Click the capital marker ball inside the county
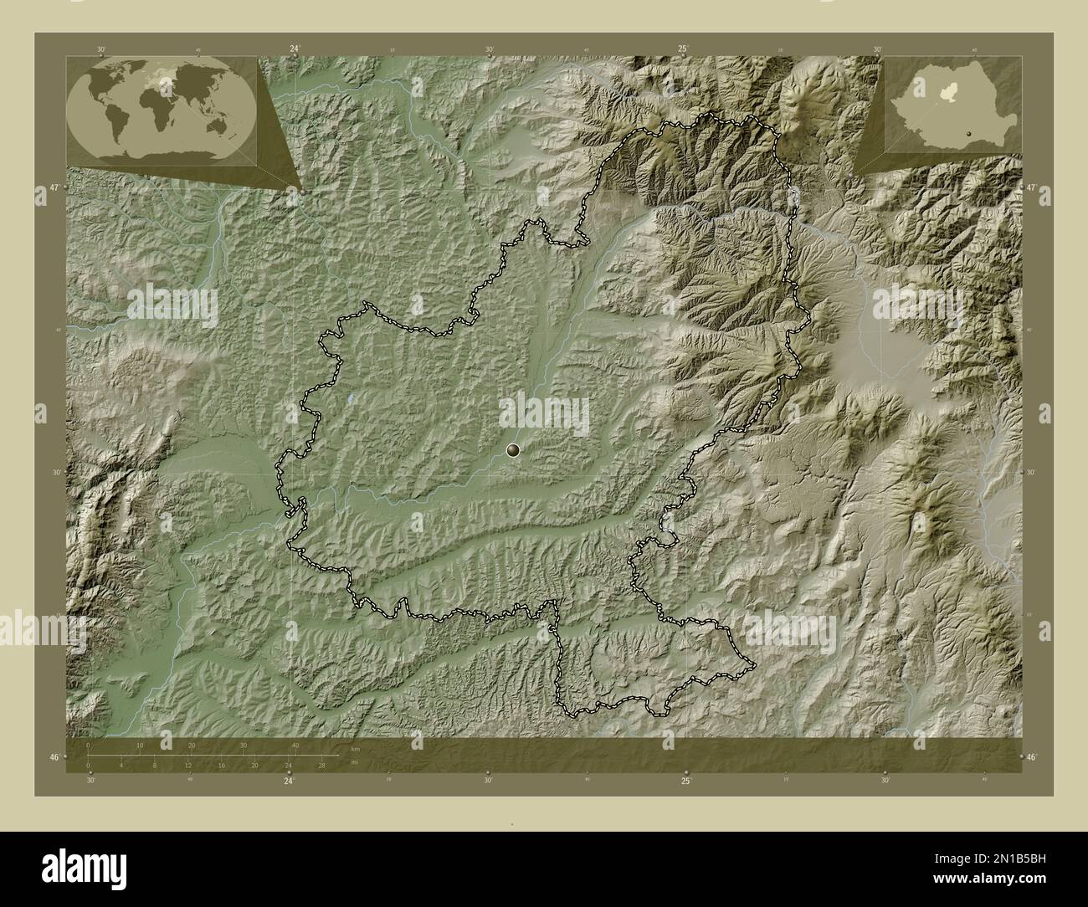pos(513,451)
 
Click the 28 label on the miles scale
pos(321,765)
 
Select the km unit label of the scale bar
pos(355,748)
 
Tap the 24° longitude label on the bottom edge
pos(289,781)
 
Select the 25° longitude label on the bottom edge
pos(685,781)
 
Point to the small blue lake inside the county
pos(351,399)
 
